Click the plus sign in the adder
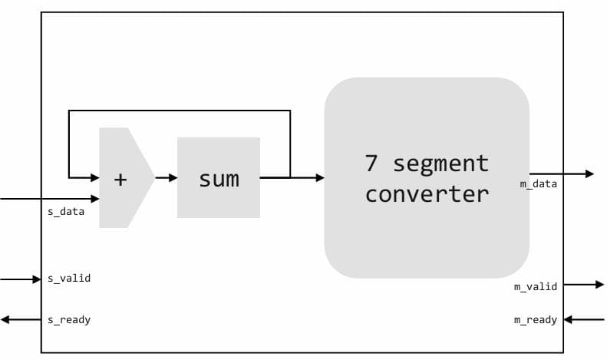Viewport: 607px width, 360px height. tap(120, 180)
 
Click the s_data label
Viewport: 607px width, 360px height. tap(66, 211)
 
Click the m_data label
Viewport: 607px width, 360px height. tap(539, 184)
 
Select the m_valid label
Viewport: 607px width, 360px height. tap(535, 286)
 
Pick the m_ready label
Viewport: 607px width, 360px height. tap(535, 319)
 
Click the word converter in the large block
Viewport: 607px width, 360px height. tap(427, 193)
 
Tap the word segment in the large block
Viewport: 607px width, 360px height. tap(440, 163)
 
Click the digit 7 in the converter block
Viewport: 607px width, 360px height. tap(372, 163)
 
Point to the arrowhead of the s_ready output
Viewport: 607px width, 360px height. tap(5, 319)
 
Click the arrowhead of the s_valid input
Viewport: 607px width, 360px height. tap(36, 279)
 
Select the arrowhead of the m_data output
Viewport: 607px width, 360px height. tap(589, 174)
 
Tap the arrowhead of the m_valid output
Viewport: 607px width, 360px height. tap(599, 285)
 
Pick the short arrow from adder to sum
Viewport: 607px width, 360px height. tap(166, 178)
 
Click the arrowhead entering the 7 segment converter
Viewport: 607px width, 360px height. tap(319, 178)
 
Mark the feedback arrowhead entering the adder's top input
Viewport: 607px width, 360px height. tap(94, 178)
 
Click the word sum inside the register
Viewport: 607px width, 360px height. tap(219, 180)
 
